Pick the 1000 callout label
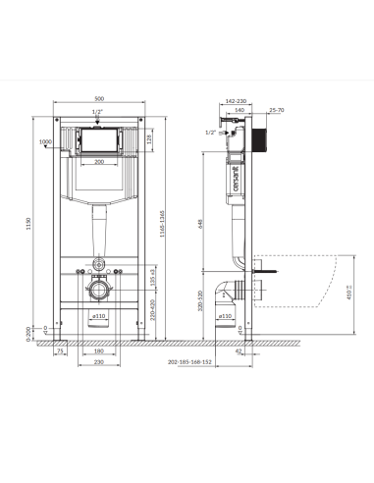tap(44, 141)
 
